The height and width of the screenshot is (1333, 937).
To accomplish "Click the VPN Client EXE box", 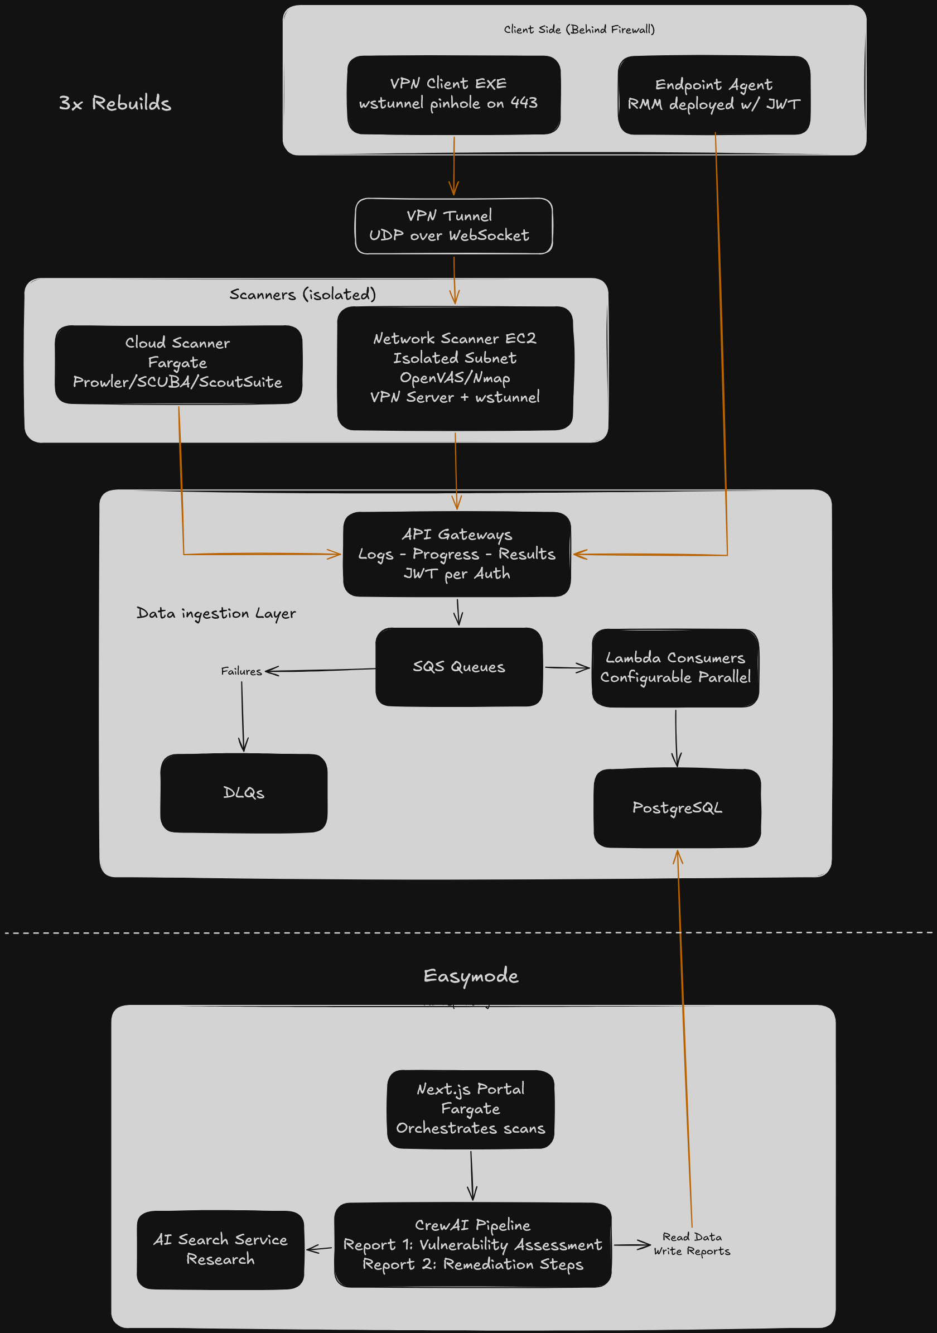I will (453, 95).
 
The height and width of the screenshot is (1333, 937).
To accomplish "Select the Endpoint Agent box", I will (714, 95).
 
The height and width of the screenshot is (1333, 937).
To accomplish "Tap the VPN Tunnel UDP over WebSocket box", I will (453, 226).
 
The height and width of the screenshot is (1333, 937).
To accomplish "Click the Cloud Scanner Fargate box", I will (178, 364).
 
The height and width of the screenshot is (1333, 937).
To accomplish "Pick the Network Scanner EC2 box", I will (455, 368).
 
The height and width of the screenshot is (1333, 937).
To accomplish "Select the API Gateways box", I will (457, 554).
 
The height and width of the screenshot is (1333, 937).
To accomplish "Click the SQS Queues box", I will (459, 666).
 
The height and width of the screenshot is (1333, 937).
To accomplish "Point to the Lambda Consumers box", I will (675, 668).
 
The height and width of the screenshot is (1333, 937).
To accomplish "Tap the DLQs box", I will (244, 793).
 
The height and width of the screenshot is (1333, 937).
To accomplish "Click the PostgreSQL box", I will (677, 807).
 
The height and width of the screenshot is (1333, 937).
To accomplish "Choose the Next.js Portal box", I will (471, 1109).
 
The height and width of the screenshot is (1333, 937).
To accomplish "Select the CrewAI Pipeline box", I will (473, 1245).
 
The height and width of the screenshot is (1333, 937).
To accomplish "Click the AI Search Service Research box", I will (220, 1249).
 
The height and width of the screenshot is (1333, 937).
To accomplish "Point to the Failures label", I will (242, 671).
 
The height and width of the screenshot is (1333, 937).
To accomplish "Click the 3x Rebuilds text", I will (115, 103).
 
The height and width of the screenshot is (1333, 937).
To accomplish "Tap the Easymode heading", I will (471, 976).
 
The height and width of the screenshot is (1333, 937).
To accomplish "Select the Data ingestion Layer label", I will (216, 613).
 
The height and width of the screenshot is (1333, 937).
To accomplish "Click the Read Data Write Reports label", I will (692, 1244).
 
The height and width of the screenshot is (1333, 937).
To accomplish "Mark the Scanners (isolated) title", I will (302, 295).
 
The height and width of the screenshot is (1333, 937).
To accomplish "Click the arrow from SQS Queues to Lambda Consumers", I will (567, 668).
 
